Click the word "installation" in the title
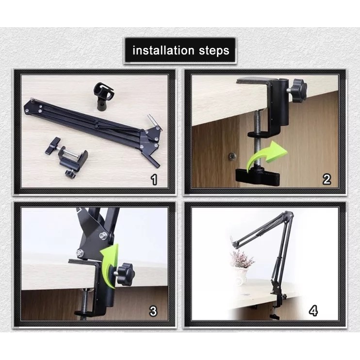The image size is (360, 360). (x=164, y=50)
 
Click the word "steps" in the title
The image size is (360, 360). (x=214, y=51)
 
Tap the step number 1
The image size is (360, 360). (x=154, y=180)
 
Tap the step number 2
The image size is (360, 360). (x=327, y=180)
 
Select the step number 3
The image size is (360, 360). (x=153, y=311)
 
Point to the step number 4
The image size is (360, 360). (x=313, y=311)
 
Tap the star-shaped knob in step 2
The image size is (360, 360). (x=298, y=88)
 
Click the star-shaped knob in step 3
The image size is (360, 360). (x=125, y=274)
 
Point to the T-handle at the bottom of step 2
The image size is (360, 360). (x=258, y=176)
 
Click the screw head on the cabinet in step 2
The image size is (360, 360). (x=232, y=157)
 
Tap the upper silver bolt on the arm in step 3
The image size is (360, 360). (x=103, y=235)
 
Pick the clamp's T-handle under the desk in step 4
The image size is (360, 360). (x=275, y=317)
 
